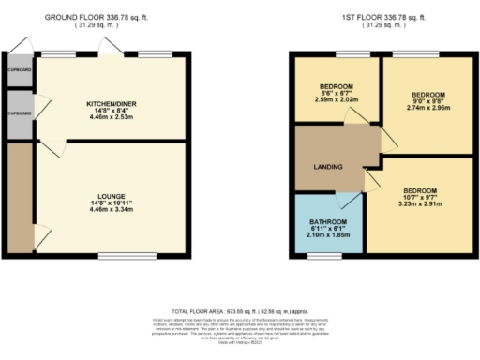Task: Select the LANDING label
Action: (x=327, y=168)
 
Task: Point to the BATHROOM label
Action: (x=328, y=222)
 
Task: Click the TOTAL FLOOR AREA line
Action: (x=240, y=310)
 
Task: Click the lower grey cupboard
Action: (x=16, y=114)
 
